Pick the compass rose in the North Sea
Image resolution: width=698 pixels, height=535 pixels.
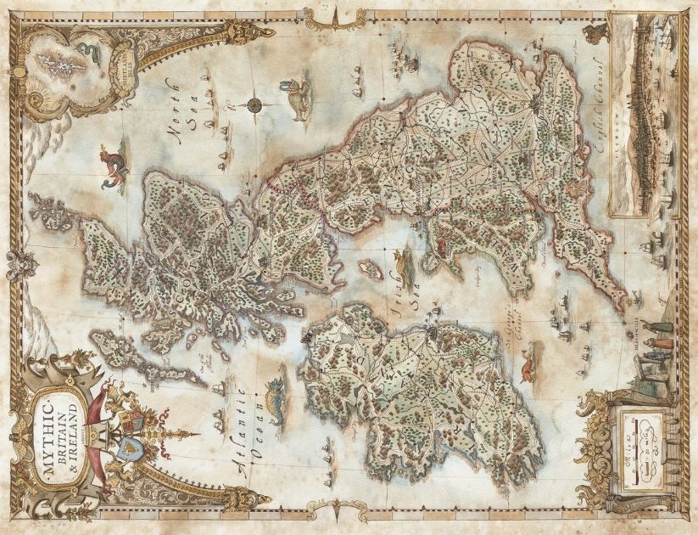(254, 105)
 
